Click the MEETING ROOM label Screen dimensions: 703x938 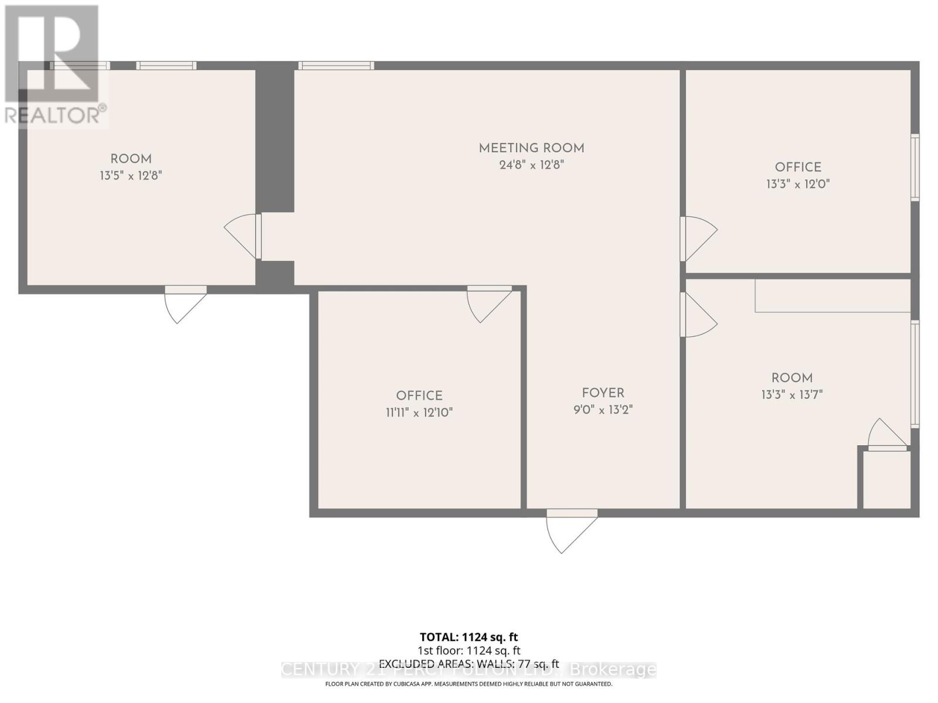[531, 148]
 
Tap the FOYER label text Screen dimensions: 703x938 [603, 393]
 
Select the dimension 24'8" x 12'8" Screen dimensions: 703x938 [531, 165]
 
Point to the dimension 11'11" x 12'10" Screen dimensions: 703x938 [419, 412]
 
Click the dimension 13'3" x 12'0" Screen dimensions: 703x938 [798, 184]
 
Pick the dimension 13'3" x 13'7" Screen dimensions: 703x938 [792, 395]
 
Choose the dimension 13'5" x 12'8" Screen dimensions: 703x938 [131, 175]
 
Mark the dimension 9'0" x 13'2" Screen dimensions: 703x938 [603, 409]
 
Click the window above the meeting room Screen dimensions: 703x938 [336, 66]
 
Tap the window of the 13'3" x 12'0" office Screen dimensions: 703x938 [915, 168]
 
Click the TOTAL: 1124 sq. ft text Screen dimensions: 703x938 [468, 637]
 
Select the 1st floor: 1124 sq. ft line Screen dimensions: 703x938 [468, 650]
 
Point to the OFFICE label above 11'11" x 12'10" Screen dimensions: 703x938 [419, 396]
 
